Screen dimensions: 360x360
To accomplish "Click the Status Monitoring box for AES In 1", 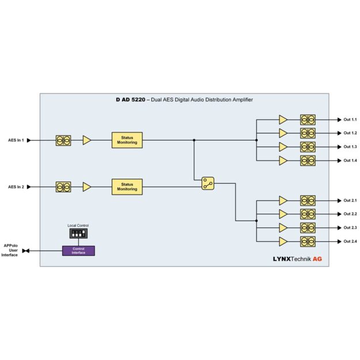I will (x=127, y=140).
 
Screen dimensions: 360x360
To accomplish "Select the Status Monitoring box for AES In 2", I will (x=127, y=187).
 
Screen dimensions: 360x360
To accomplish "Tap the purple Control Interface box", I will (x=78, y=251).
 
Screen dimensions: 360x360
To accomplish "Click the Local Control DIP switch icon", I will (x=78, y=233).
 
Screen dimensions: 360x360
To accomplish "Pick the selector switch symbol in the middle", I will (x=208, y=183).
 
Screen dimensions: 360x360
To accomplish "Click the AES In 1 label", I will (x=16, y=140).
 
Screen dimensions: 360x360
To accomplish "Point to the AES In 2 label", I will (x=16, y=187).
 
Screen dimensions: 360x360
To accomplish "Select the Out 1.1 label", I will (x=350, y=120).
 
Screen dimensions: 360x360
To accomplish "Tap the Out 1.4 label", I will (x=350, y=160).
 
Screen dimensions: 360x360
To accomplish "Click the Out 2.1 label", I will (x=350, y=200).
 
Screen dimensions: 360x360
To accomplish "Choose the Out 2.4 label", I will (x=350, y=241).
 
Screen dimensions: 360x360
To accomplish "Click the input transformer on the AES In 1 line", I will (x=63, y=140).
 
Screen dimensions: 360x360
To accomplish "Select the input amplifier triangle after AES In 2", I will (x=86, y=187).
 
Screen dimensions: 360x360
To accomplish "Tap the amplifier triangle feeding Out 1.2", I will (x=283, y=133).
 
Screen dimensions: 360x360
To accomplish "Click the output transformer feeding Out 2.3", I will (x=308, y=228).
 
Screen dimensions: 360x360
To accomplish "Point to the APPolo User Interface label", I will (x=10, y=250).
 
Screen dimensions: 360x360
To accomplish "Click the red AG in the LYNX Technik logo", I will (x=317, y=259).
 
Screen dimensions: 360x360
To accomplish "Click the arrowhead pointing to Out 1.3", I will (x=339, y=147).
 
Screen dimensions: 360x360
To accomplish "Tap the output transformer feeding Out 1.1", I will (x=308, y=120).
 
